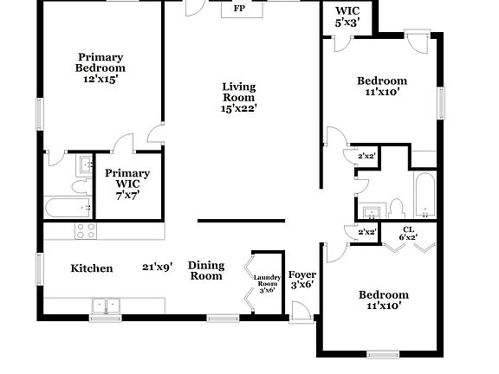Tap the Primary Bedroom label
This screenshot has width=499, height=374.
click(x=100, y=67)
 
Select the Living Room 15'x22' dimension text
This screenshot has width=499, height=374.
click(x=239, y=107)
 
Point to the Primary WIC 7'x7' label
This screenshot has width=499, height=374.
click(x=127, y=184)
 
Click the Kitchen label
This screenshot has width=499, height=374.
click(x=91, y=268)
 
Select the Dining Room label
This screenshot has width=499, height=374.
click(x=206, y=271)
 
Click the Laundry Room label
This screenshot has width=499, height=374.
click(x=266, y=282)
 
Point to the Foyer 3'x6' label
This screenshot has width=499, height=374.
click(x=301, y=280)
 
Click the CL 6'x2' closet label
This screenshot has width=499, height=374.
click(x=408, y=233)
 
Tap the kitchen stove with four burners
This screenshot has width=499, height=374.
click(x=85, y=230)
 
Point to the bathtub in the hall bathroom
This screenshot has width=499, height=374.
click(x=425, y=197)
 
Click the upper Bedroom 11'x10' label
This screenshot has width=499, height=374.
click(x=382, y=87)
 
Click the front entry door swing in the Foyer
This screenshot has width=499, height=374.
click(x=300, y=310)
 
